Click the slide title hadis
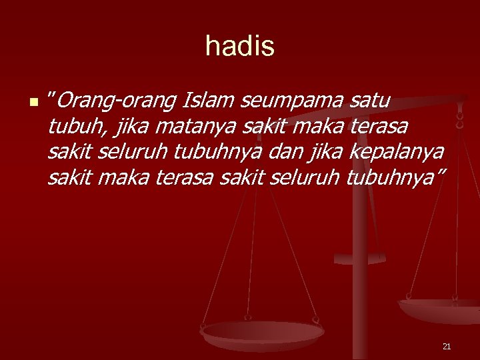[x=240, y=46]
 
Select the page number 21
[x=447, y=346]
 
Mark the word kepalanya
[x=403, y=152]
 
